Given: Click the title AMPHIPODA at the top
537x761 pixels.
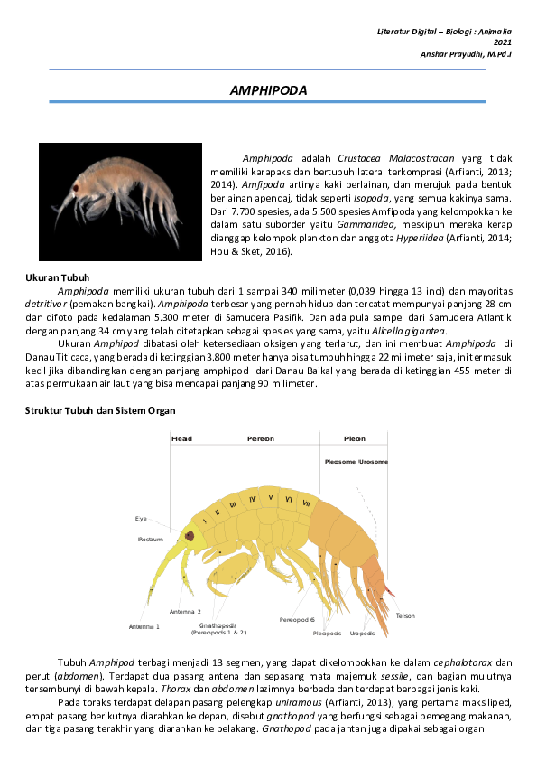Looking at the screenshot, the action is coord(269,90).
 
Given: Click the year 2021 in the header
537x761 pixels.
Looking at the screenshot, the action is coord(503,42).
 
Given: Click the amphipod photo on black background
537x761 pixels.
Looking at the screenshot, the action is coord(119,202).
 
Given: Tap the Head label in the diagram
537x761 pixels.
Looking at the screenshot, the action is coord(181,438).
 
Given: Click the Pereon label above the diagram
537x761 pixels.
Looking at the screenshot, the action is coord(261,438).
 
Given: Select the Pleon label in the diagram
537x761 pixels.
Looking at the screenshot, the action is coord(354,438).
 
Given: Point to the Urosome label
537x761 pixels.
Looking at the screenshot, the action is coord(373,461).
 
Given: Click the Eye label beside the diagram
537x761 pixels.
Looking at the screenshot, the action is coord(141,519).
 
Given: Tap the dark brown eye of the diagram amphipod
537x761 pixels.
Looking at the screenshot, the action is coord(190,536).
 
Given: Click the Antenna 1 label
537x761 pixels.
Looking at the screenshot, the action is coord(144,625).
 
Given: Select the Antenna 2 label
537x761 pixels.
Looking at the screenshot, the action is coord(184,612).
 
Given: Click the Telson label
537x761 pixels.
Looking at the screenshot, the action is coord(405,615).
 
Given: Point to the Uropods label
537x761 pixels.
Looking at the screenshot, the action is coord(362,634).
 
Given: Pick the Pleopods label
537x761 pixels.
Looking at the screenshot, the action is coord(327,634).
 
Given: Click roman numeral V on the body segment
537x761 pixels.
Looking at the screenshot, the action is coord(271,497).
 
